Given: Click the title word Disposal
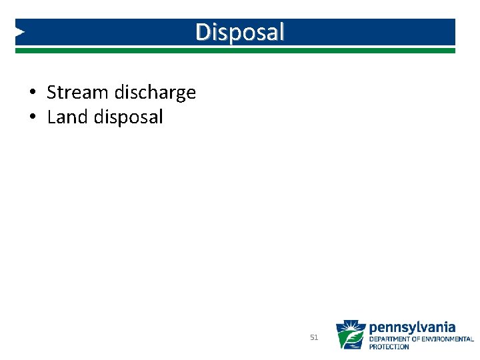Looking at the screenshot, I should click(x=240, y=31).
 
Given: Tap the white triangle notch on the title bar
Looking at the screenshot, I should click(x=21, y=31).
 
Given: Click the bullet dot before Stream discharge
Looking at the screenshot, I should click(x=32, y=93).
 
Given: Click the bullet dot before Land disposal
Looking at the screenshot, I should click(x=32, y=117).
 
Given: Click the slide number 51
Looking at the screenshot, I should click(x=315, y=338).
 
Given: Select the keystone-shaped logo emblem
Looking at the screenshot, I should click(x=350, y=335).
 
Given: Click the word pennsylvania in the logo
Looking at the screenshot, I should click(x=413, y=327).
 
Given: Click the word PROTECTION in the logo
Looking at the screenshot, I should click(x=389, y=347).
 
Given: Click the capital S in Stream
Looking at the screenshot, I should click(x=51, y=93).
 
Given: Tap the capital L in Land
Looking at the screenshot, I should click(x=51, y=117).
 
